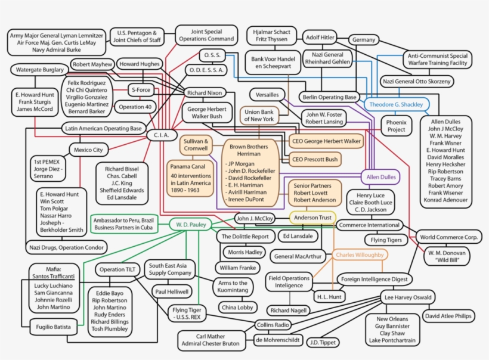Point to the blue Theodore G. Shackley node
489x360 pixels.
[x=396, y=104]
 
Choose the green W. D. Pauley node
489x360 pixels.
[x=191, y=225]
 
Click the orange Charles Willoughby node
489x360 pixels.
[x=360, y=255]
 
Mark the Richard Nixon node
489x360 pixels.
[x=205, y=93]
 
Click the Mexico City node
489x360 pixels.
[x=89, y=150]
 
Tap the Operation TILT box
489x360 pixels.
[x=116, y=269]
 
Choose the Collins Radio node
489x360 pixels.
[x=273, y=325]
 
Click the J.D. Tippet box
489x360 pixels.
[x=323, y=342]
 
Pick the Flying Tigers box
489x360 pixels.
[x=386, y=240]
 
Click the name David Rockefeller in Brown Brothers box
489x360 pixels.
[x=249, y=177]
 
